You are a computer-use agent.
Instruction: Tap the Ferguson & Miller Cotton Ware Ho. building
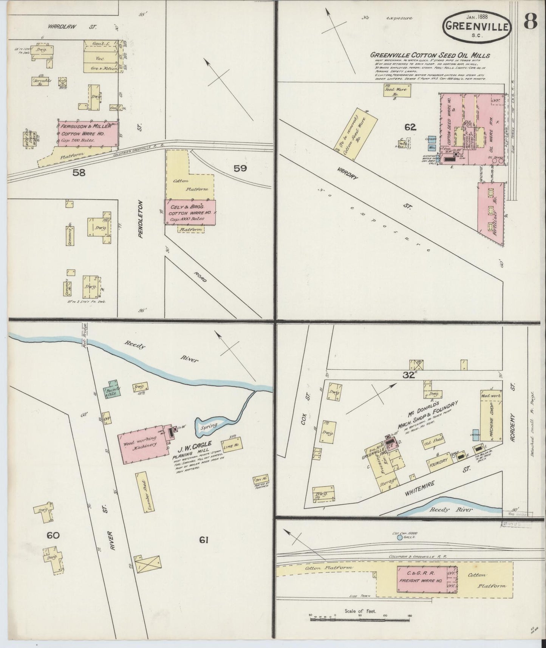click(x=88, y=133)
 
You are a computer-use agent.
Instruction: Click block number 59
click(x=240, y=168)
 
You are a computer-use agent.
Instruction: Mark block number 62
click(x=410, y=127)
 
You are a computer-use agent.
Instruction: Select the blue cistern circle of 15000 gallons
click(x=400, y=537)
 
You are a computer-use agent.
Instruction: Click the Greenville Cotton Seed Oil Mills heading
click(x=430, y=56)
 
